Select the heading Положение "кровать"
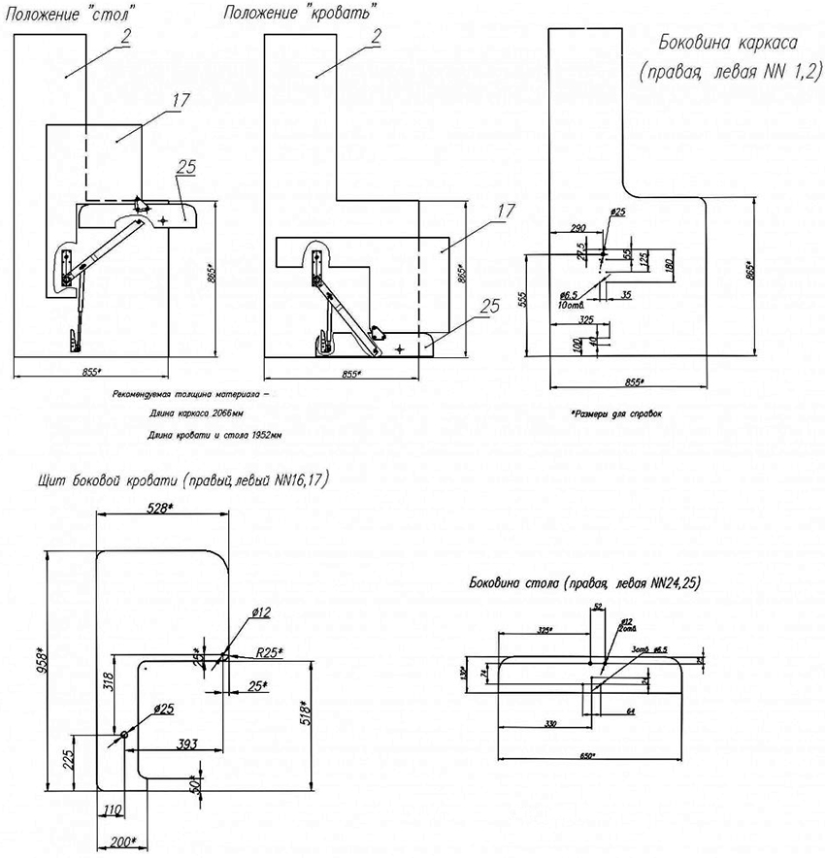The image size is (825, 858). pyautogui.click(x=300, y=14)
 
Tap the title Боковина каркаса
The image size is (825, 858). pyautogui.click(x=727, y=44)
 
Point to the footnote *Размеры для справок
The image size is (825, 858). pyautogui.click(x=616, y=412)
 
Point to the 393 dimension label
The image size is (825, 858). pyautogui.click(x=187, y=743)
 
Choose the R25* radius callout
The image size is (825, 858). pyautogui.click(x=269, y=652)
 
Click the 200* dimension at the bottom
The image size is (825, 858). pyautogui.click(x=121, y=841)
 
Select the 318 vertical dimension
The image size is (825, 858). pyautogui.click(x=109, y=684)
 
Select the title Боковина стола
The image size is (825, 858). pyautogui.click(x=584, y=583)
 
